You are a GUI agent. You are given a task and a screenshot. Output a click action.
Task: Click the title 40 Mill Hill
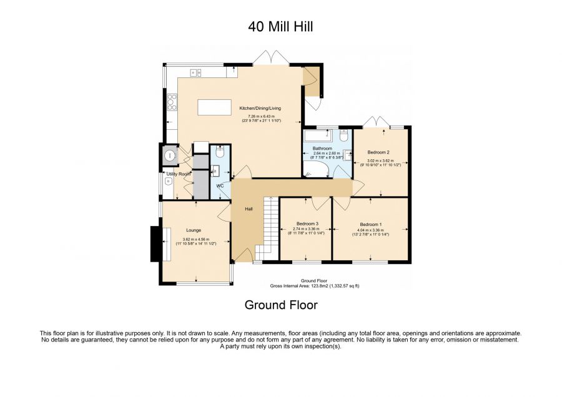pos(280,26)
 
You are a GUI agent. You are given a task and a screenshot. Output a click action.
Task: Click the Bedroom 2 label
pos(378,152)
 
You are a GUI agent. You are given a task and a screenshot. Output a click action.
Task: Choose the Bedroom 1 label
pos(371,224)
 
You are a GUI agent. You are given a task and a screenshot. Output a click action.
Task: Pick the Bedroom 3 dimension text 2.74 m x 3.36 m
pos(307,229)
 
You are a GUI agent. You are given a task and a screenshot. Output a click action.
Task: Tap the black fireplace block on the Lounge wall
pos(154,244)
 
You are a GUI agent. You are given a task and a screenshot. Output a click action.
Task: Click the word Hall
pos(249,208)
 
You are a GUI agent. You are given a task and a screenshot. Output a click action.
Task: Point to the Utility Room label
pos(178,174)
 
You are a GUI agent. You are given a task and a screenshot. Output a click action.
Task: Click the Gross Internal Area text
pos(315,285)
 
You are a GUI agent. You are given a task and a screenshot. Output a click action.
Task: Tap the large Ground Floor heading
pos(280,305)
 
